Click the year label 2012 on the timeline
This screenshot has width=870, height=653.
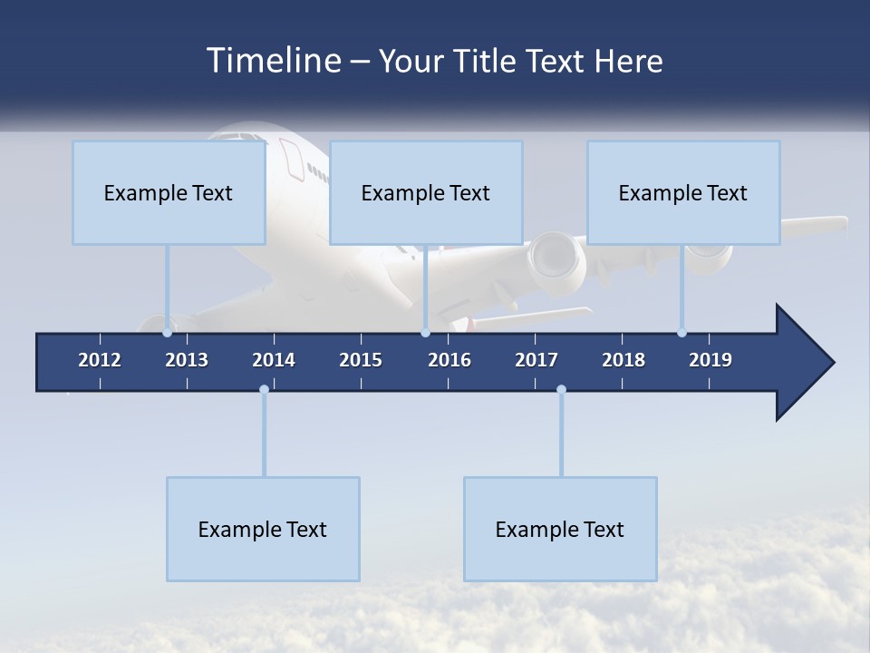(x=100, y=360)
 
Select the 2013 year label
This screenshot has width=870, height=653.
(x=187, y=360)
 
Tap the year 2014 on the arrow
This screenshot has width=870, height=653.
(x=274, y=360)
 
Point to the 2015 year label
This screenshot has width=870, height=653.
(x=361, y=360)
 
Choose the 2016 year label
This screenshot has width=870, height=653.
(x=449, y=360)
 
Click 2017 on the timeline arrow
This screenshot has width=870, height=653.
(x=536, y=360)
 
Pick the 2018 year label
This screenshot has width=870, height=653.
(x=623, y=360)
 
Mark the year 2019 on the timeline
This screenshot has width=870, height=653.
(x=710, y=360)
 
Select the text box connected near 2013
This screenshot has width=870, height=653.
(x=169, y=192)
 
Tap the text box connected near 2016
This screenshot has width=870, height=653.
(x=426, y=192)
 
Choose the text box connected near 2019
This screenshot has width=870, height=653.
(x=683, y=192)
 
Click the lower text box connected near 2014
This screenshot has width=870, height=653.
(x=263, y=529)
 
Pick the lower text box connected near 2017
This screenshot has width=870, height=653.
(x=560, y=529)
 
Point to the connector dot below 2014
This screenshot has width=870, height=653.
(x=264, y=390)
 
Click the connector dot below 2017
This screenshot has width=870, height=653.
(x=561, y=390)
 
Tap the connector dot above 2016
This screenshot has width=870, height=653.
(x=425, y=333)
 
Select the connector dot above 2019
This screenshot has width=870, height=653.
(x=681, y=333)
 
